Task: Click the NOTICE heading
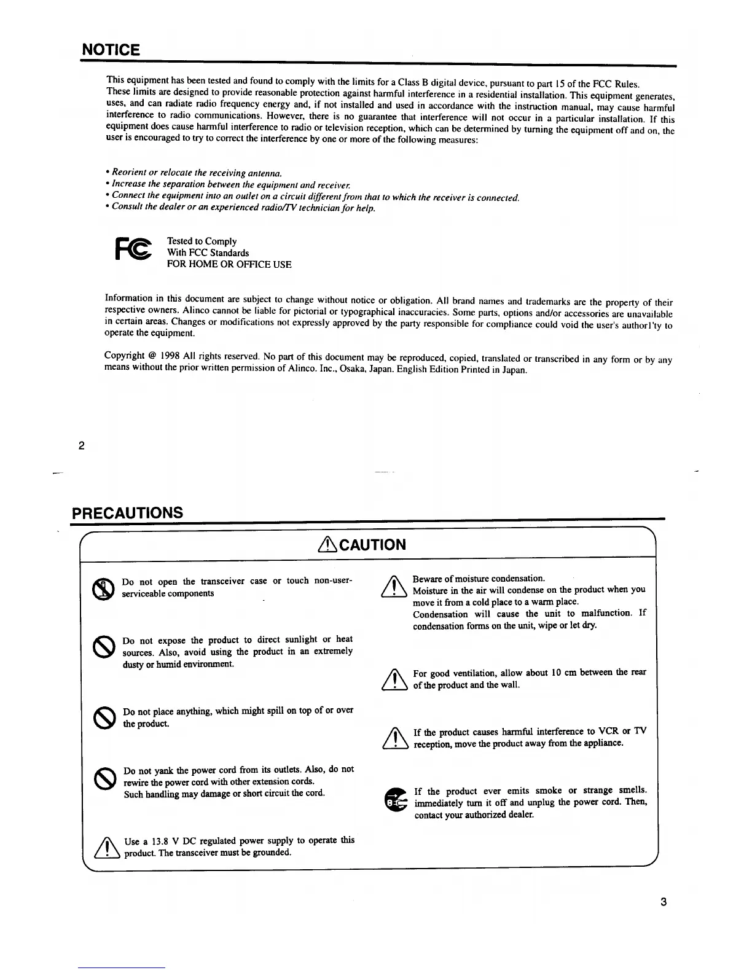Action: pos(111,50)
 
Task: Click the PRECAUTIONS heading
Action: pos(128,512)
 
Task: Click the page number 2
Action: pos(81,445)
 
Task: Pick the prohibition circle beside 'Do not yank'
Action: pos(103,779)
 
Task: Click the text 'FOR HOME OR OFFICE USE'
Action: pos(229,265)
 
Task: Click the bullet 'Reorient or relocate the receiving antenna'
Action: pos(197,173)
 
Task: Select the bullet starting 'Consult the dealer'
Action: pos(243,208)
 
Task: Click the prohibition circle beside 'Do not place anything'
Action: pos(103,717)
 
